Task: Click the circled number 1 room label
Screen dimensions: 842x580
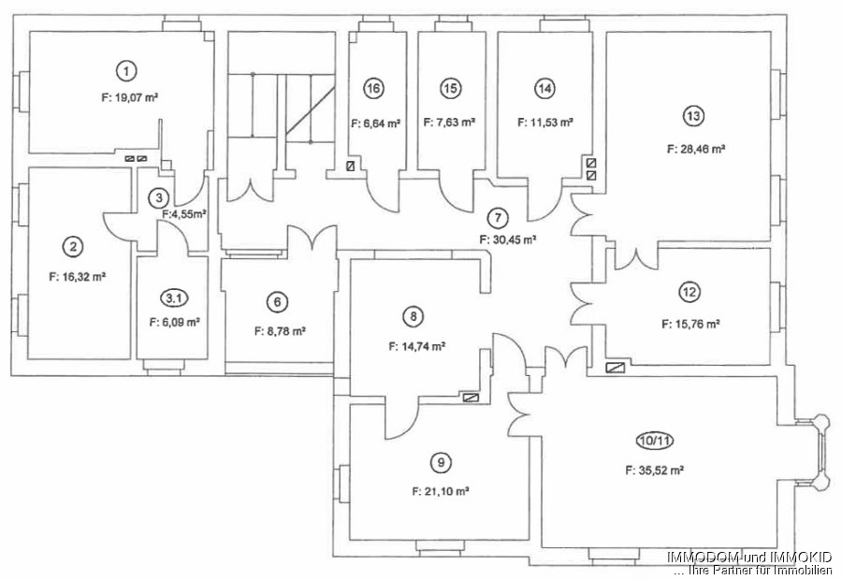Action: pyautogui.click(x=126, y=71)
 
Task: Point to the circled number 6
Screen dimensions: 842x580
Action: pyautogui.click(x=277, y=302)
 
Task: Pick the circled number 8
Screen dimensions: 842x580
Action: pyautogui.click(x=413, y=316)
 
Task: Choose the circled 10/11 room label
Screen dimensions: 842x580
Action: pyautogui.click(x=654, y=441)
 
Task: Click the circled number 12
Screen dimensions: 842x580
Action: pyautogui.click(x=690, y=292)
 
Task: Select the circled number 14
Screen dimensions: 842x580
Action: pyautogui.click(x=545, y=88)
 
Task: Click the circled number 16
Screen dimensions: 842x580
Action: pyautogui.click(x=373, y=88)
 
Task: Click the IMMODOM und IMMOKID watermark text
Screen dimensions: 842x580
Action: pyautogui.click(x=749, y=557)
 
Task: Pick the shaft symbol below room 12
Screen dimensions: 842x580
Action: pyautogui.click(x=616, y=368)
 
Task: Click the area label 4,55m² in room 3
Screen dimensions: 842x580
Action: pyautogui.click(x=184, y=213)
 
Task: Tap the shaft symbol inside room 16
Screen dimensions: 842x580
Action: pyautogui.click(x=352, y=166)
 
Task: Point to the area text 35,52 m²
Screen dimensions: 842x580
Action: pyautogui.click(x=654, y=471)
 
